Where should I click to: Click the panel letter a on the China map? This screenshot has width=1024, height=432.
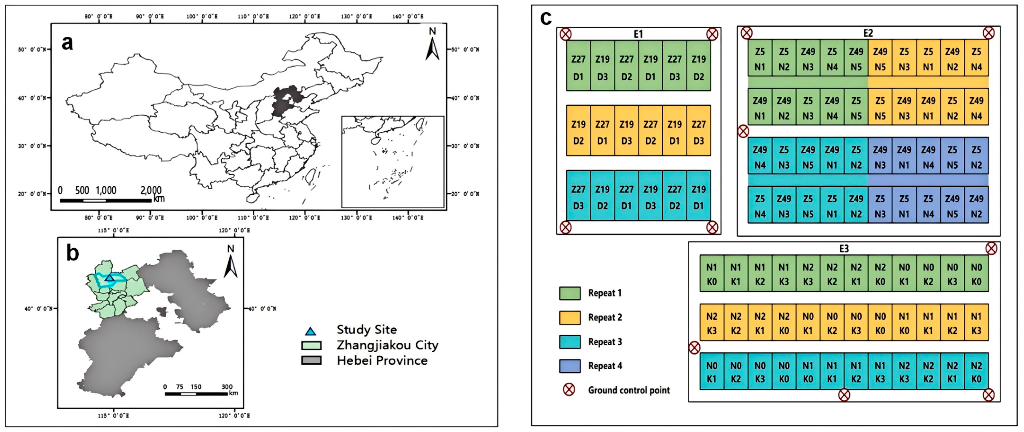(x=67, y=43)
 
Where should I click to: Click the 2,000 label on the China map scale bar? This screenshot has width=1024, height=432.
(x=151, y=190)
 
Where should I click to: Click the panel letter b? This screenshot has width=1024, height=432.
(x=73, y=253)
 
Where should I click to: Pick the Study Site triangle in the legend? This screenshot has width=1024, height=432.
(x=310, y=331)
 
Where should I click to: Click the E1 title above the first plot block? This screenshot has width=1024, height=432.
(x=638, y=34)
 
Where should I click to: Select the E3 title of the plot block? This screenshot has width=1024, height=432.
(x=843, y=249)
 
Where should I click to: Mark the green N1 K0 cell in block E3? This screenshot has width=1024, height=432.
(x=712, y=274)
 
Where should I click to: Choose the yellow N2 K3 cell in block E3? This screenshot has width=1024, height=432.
(x=712, y=323)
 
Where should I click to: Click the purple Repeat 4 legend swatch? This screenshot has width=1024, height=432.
(x=570, y=366)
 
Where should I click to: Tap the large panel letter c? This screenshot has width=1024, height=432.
(x=546, y=18)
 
